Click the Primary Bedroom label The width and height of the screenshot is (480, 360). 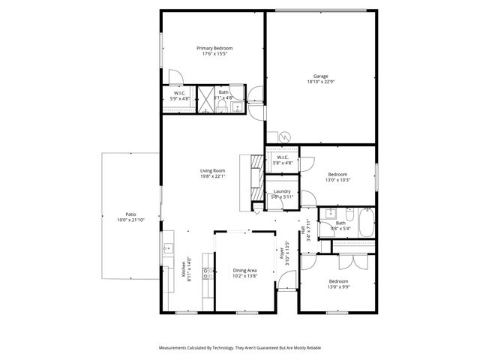point(214,48)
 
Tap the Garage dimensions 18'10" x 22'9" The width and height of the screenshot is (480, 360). point(320,81)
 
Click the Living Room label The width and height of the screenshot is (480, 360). point(213,171)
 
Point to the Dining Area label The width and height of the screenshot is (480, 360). point(245,270)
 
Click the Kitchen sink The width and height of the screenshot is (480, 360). point(168,247)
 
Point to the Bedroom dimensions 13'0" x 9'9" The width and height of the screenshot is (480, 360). point(337,286)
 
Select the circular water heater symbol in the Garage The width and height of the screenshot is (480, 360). point(285,136)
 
